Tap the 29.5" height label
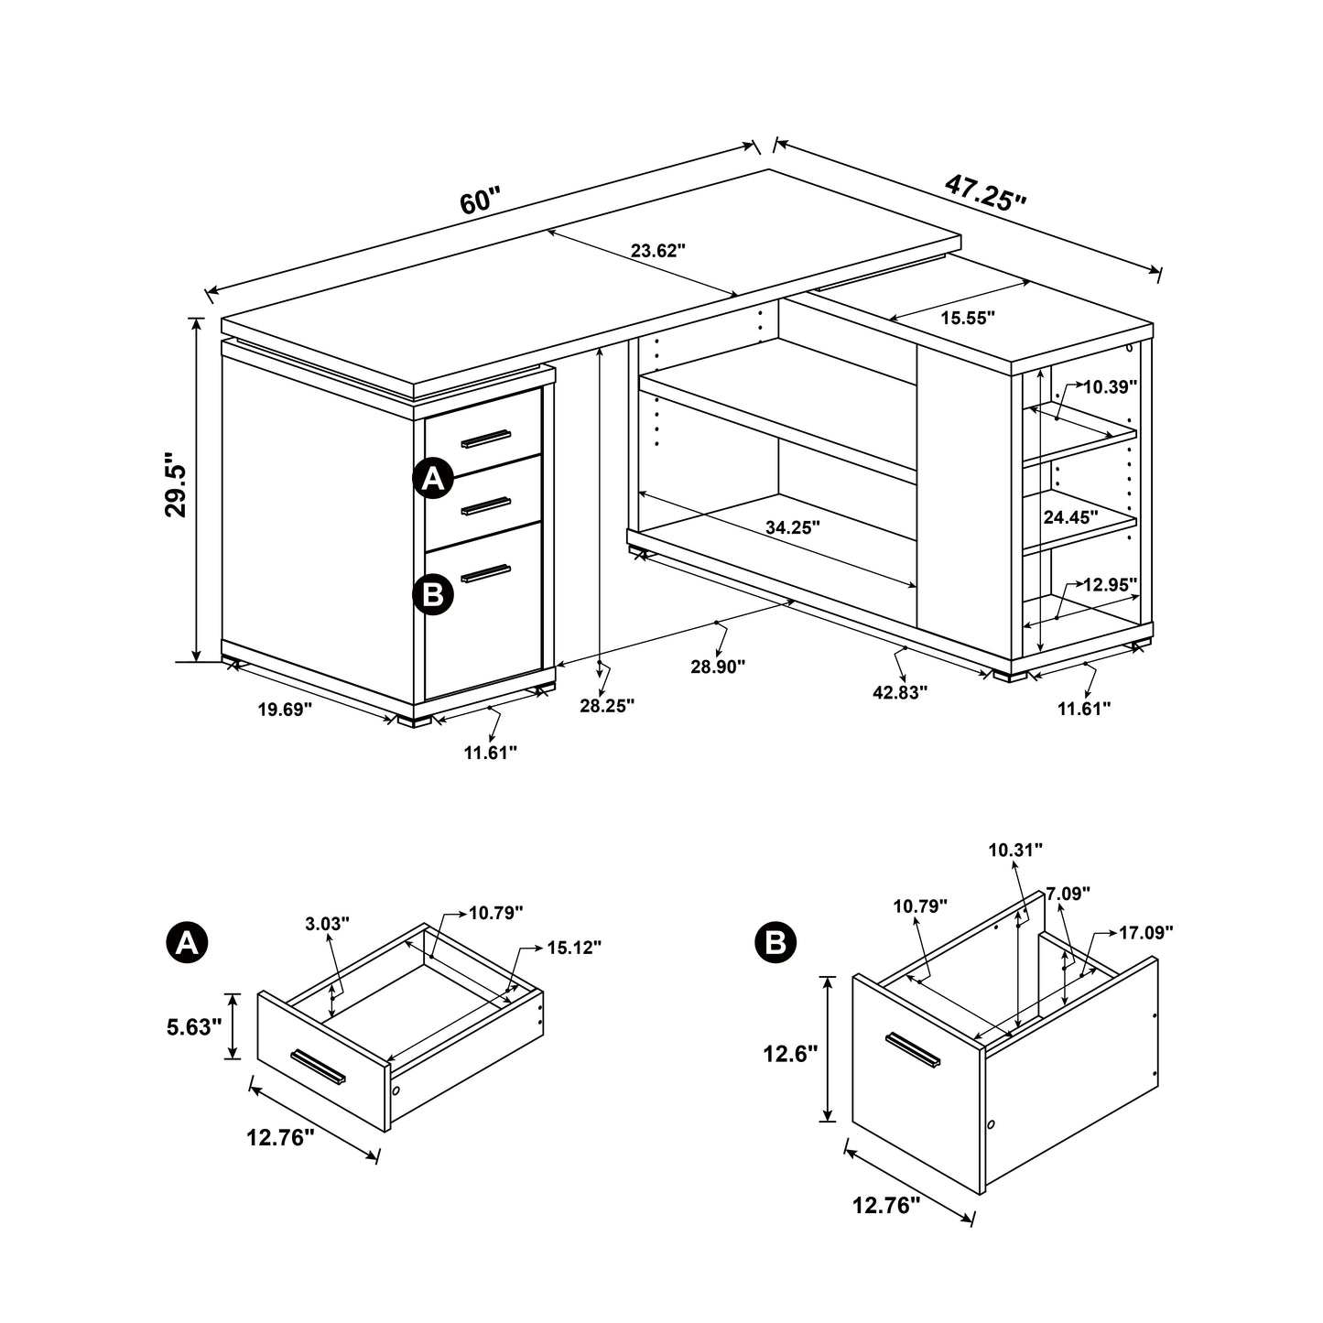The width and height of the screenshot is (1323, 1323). coord(176,484)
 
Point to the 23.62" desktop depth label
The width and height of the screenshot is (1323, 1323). coord(657,250)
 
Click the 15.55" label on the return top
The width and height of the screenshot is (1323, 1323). coord(968,318)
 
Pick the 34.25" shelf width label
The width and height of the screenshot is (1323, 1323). coord(792,527)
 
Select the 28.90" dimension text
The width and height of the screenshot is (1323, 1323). coord(718,666)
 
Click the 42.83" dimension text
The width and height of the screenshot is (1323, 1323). coord(900,692)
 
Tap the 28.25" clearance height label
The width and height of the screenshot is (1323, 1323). coord(606,705)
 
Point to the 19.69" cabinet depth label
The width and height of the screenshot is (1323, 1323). coord(285,709)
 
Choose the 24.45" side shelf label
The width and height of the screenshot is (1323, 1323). coord(1070,517)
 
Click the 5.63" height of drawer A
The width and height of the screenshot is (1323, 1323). coord(194,1027)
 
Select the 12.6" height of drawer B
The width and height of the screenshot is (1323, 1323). coord(790,1055)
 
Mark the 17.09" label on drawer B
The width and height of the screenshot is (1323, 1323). coord(1145,933)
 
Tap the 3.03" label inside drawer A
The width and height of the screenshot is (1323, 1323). coord(328,924)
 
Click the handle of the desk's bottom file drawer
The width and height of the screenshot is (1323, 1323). coord(485,573)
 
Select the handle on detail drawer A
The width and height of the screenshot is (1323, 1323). coord(318,1068)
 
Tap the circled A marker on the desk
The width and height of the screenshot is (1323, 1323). coord(433,478)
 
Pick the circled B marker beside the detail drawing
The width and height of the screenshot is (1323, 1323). coord(775,942)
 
